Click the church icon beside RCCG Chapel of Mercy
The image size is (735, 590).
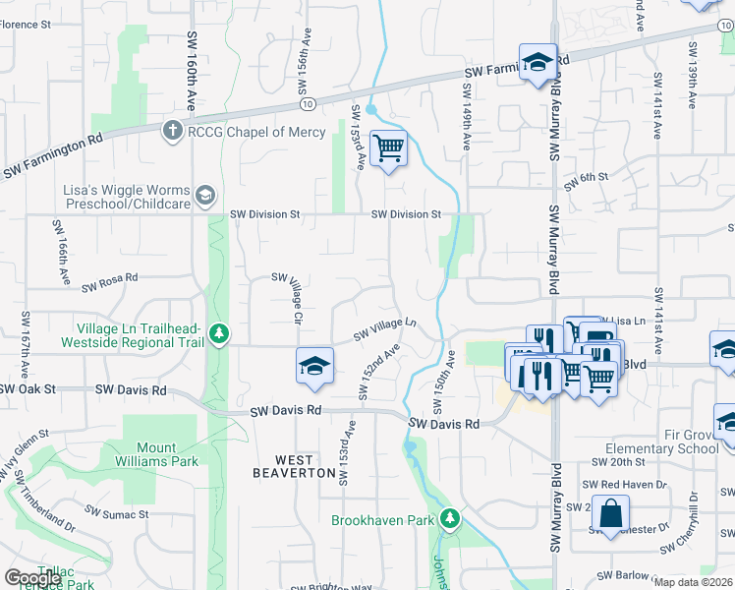point(173,131)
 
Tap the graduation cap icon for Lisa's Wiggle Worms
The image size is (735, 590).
point(204,195)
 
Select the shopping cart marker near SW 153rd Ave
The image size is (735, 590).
point(389,147)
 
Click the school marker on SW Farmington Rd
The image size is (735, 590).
point(537,63)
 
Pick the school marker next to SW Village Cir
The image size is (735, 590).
point(314,365)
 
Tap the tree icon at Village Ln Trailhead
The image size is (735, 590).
point(219,334)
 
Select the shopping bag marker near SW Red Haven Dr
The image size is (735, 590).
point(610,512)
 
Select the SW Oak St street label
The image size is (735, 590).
point(26,388)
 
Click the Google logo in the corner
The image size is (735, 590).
point(33,578)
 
